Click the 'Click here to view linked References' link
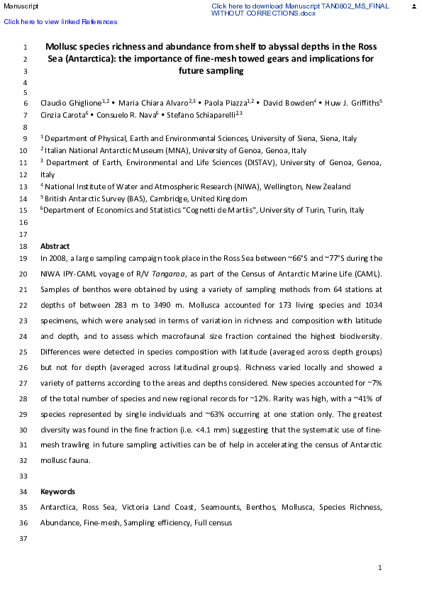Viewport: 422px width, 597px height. [60, 22]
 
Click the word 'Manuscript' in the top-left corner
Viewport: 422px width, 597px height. [19, 6]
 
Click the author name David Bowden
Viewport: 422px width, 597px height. [291, 104]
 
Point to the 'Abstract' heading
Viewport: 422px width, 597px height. [55, 246]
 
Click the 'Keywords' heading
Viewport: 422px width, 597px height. [57, 491]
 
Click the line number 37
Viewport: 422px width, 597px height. [24, 539]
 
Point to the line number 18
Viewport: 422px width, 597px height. [24, 246]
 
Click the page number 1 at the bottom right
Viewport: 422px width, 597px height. [380, 568]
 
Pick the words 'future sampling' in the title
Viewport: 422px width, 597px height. [211, 71]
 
